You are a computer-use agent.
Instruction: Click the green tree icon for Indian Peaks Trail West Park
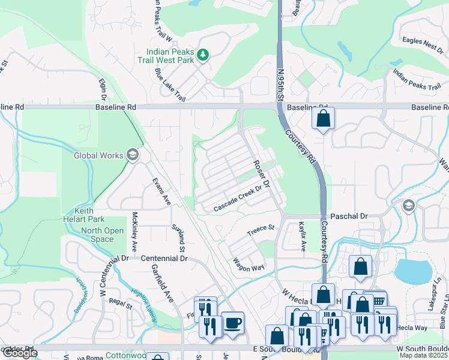pos(203,55)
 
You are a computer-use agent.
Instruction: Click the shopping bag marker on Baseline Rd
pos(323,119)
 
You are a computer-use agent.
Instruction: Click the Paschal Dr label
pos(348,215)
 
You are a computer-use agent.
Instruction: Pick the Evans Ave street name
pos(161,191)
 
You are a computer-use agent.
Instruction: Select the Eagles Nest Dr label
pos(424,44)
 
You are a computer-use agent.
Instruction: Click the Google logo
pos(19,353)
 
